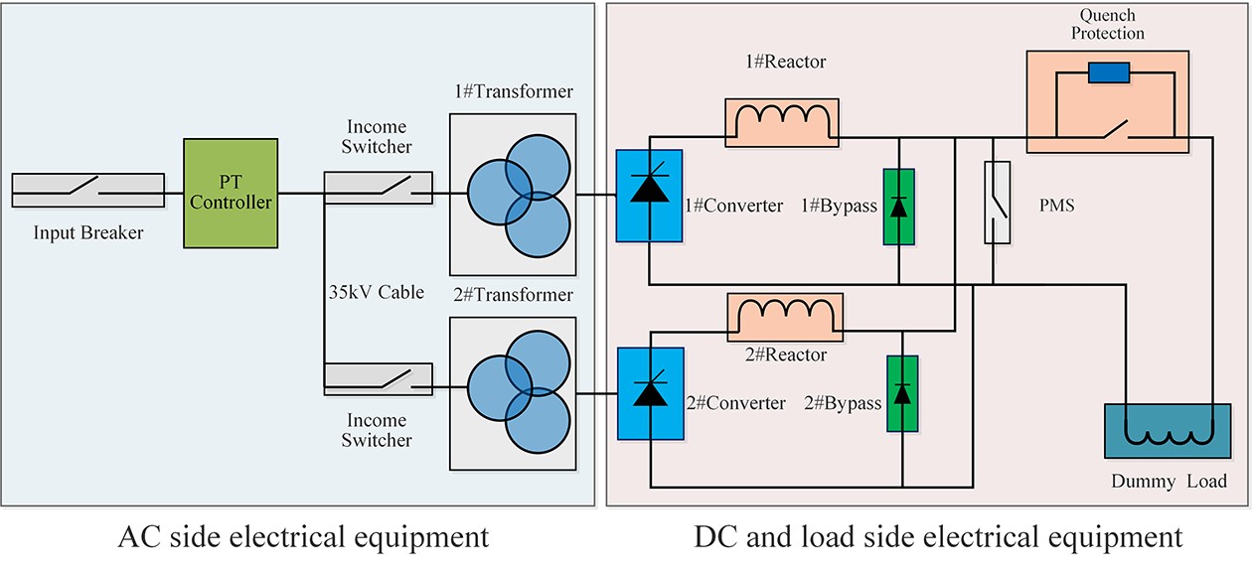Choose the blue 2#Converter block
(650, 393)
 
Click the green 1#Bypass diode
(898, 208)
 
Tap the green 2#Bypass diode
(902, 393)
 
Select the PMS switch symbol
(997, 203)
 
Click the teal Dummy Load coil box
(1160, 430)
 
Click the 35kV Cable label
(377, 292)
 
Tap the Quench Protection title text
(1107, 25)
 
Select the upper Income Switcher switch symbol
(379, 187)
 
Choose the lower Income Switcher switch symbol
(379, 377)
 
